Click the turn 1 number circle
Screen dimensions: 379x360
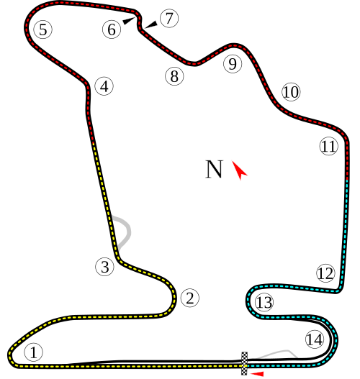33,352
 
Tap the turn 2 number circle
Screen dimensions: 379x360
189,298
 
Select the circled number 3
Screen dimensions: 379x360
105,267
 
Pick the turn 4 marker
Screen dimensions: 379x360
104,86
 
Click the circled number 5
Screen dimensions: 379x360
42,29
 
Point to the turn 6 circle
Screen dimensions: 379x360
111,29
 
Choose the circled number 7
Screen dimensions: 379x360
168,19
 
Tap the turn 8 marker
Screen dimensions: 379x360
174,76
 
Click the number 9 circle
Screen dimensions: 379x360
232,64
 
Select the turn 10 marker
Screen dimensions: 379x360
290,92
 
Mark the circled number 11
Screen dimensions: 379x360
328,147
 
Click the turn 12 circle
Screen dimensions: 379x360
325,273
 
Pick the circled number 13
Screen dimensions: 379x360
264,303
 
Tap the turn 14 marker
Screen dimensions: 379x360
314,339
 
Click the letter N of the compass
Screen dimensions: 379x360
214,169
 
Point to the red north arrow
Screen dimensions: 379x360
239,170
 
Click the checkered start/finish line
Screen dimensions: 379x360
244,362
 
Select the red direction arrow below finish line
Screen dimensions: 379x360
257,373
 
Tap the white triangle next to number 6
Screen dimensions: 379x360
128,21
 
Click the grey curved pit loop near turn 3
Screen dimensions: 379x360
126,230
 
